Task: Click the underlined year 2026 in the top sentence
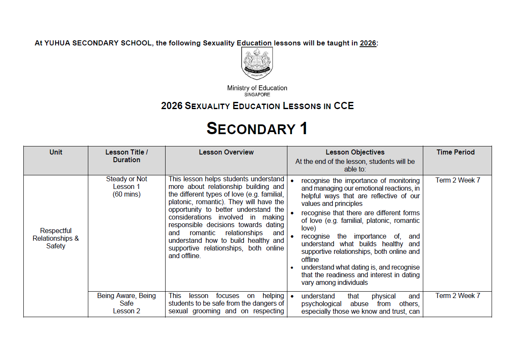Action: [x=368, y=43]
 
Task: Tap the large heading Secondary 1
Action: [x=257, y=129]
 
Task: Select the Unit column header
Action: [x=56, y=152]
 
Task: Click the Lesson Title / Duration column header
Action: [x=127, y=156]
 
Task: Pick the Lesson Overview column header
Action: [x=226, y=152]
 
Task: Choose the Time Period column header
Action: [x=456, y=152]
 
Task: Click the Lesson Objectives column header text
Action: [x=355, y=152]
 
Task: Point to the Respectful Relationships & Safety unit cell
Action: [x=56, y=239]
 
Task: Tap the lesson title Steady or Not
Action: [x=127, y=179]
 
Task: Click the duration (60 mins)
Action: [x=127, y=194]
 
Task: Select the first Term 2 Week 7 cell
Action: [x=458, y=180]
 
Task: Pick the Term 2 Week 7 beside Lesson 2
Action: [x=458, y=296]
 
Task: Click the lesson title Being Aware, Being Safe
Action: [x=127, y=300]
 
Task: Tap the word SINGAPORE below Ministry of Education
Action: [x=257, y=95]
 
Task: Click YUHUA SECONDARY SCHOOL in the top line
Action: [x=98, y=43]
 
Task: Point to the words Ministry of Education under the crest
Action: [x=257, y=88]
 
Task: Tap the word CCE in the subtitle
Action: [x=343, y=106]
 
